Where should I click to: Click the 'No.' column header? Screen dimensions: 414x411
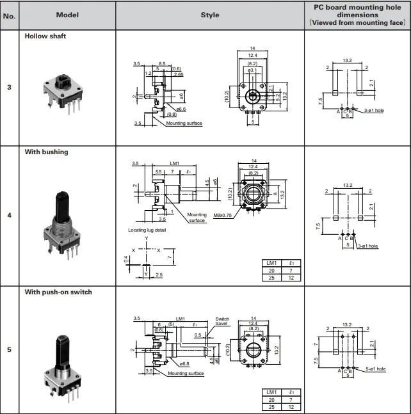9,15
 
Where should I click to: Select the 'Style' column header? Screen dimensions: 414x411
209,15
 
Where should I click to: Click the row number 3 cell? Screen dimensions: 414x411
9,88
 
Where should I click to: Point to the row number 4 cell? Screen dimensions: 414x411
9,216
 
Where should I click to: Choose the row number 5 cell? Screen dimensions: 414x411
9,349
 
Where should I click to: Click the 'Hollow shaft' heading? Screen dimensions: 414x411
45,36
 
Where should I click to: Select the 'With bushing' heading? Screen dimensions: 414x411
46,152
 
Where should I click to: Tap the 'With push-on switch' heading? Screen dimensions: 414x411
58,292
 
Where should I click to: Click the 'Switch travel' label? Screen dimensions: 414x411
222,322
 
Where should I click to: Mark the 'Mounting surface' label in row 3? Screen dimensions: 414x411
184,123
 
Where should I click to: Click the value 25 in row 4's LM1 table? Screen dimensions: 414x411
271,277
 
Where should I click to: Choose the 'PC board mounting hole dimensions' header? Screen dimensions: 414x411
357,14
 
